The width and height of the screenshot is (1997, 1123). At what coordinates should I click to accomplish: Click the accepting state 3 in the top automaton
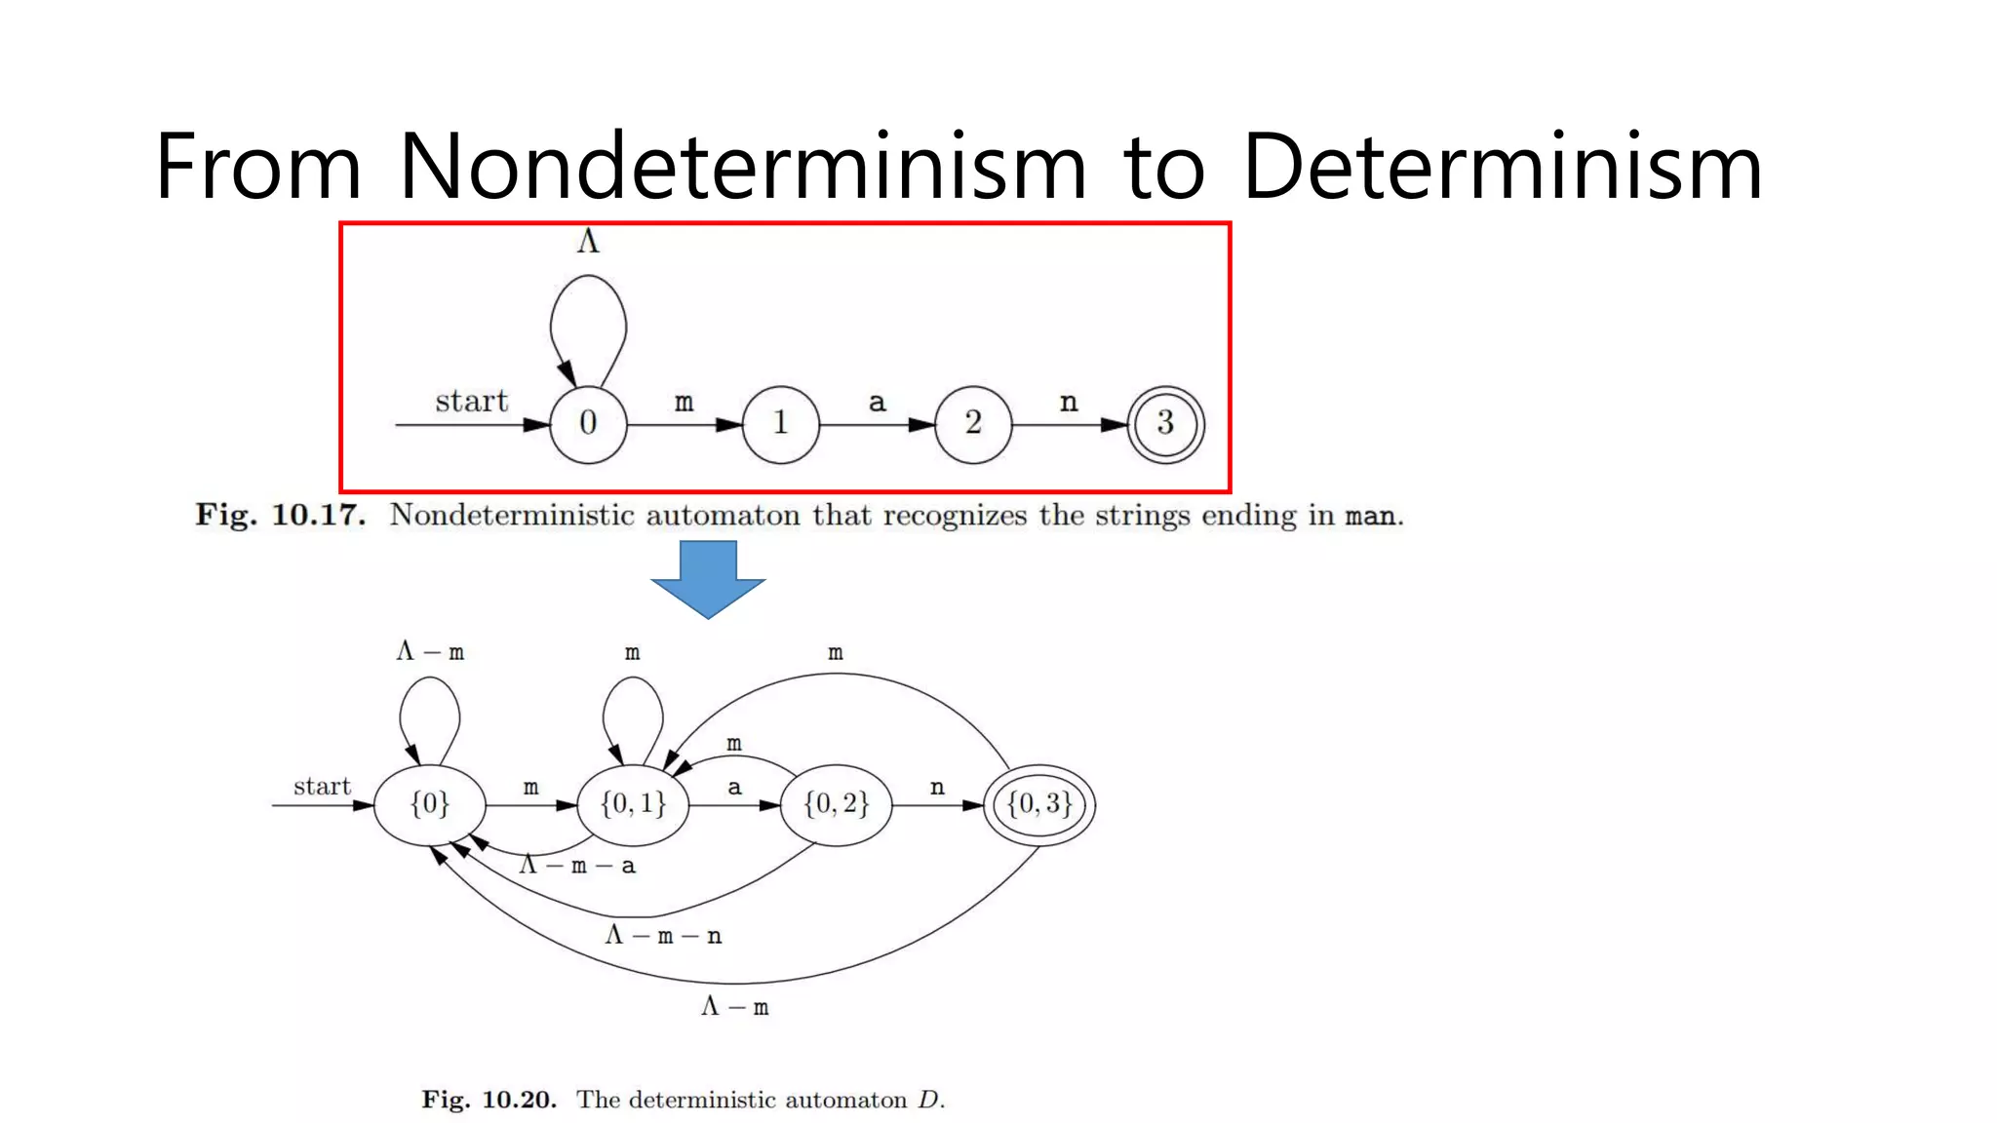click(1165, 424)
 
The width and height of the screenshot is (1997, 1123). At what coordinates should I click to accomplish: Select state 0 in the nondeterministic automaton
click(588, 424)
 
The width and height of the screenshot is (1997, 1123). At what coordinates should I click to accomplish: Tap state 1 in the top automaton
click(780, 424)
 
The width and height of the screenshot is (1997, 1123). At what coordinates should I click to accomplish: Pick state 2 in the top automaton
click(973, 424)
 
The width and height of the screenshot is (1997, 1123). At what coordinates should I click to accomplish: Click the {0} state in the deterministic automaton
click(430, 805)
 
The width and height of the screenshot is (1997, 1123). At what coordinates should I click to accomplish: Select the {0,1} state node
click(633, 805)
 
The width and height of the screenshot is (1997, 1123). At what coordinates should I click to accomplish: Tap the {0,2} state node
click(836, 805)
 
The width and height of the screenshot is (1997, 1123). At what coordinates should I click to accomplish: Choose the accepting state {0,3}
click(1039, 805)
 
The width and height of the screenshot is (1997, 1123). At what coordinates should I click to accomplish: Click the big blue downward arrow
click(708, 578)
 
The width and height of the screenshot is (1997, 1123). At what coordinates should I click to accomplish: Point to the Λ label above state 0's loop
click(587, 242)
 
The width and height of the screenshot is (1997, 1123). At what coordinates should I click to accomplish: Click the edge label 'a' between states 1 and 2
click(877, 402)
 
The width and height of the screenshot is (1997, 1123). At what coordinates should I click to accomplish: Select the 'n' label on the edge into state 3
click(1069, 402)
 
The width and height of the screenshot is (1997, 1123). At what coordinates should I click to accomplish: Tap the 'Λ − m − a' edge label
click(577, 866)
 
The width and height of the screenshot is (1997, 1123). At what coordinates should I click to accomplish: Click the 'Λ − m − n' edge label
click(663, 936)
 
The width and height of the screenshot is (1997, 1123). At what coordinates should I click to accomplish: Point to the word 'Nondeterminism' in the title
click(742, 167)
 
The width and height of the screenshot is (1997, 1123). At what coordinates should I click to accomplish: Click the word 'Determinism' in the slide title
click(1502, 167)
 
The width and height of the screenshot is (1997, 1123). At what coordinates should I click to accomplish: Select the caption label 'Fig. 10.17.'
click(281, 515)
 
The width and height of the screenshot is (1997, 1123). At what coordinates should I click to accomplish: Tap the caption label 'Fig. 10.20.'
click(489, 1100)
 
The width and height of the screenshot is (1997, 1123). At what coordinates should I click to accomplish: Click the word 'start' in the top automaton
click(472, 401)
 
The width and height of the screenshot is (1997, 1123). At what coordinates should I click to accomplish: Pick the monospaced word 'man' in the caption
click(1370, 516)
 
